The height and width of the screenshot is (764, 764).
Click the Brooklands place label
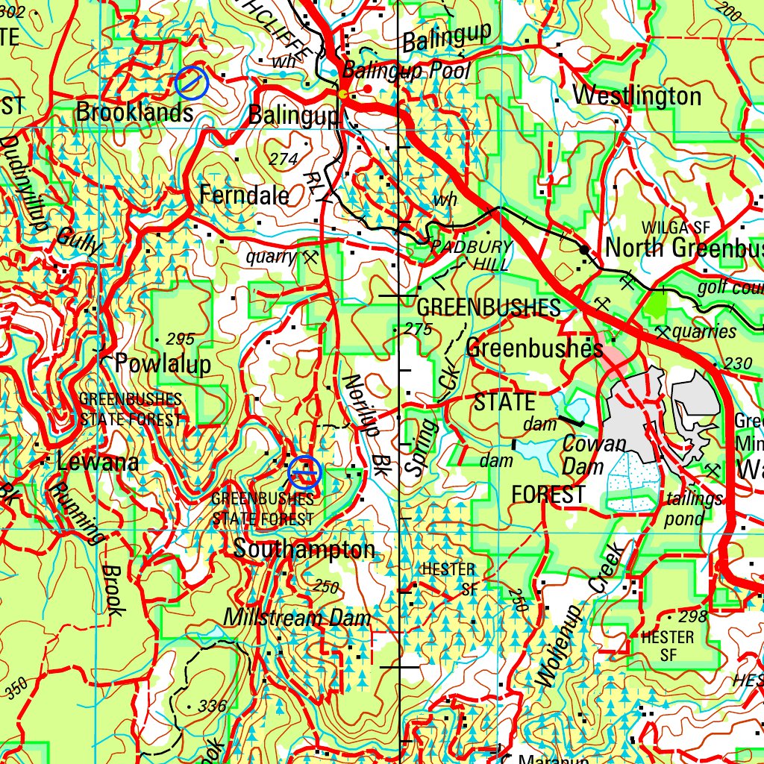(134, 113)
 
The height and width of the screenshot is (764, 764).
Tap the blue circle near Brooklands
(191, 83)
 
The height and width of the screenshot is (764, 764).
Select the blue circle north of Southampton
(304, 472)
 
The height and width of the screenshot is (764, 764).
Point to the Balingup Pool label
(407, 72)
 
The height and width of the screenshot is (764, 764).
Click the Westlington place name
(637, 96)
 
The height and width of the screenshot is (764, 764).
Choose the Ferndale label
(244, 195)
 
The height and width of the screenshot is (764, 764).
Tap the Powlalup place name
(163, 364)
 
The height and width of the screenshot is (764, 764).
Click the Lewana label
(97, 463)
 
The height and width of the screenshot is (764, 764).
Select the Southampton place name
(304, 550)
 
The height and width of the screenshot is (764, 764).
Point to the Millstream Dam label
(297, 619)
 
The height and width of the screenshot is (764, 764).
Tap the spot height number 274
(284, 159)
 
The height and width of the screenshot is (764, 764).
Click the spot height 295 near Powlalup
(180, 339)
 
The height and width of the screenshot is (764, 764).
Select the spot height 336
(212, 706)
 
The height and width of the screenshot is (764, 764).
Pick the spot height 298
(692, 617)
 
